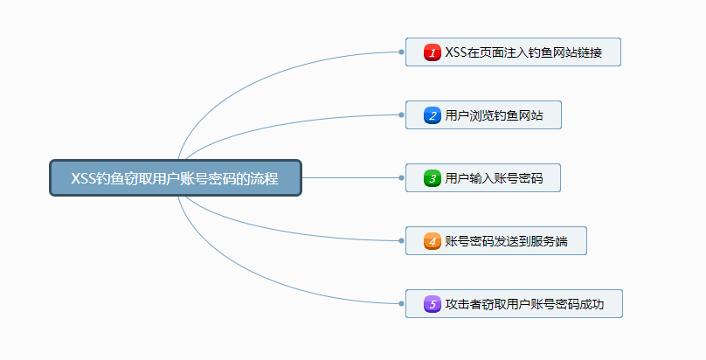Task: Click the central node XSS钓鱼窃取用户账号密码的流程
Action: click(175, 178)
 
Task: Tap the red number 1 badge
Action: click(432, 52)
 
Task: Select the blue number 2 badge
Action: click(432, 115)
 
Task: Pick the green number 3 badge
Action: click(432, 178)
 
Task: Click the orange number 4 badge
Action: click(432, 241)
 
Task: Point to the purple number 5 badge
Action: click(432, 304)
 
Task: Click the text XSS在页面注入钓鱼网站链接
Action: click(523, 52)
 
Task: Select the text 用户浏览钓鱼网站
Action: click(494, 115)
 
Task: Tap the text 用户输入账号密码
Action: click(494, 178)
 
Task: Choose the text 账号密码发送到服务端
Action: click(506, 241)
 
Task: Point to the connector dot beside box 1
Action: click(401, 52)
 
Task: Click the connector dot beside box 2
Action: click(401, 114)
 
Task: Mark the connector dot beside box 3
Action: click(401, 177)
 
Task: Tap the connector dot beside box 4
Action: click(401, 240)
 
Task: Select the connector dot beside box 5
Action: click(401, 303)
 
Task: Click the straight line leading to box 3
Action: click(350, 177)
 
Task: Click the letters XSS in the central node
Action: click(84, 178)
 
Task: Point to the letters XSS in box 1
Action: click(456, 52)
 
